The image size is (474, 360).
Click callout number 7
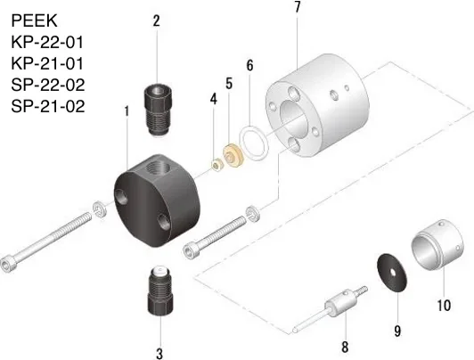pyautogui.click(x=297, y=8)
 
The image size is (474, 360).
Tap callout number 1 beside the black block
pyautogui.click(x=127, y=111)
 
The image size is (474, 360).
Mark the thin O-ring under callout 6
pyautogui.click(x=258, y=141)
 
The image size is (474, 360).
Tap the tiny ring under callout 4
pyautogui.click(x=217, y=164)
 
